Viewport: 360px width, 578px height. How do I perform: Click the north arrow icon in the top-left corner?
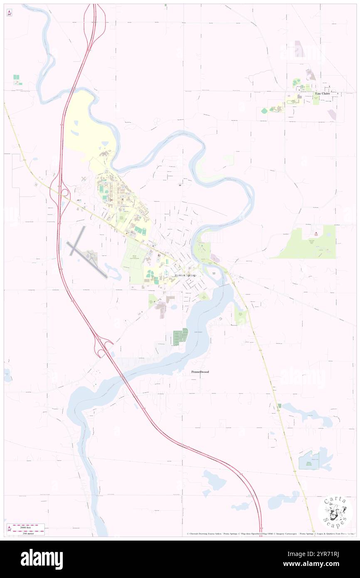[x=9, y=13]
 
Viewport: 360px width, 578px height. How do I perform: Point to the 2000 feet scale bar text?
[x=28, y=526]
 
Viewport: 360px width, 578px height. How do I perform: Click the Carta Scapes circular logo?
[x=335, y=513]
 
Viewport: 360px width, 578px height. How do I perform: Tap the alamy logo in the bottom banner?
[x=42, y=559]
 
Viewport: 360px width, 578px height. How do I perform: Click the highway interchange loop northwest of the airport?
[x=64, y=193]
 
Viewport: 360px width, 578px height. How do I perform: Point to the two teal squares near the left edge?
[x=16, y=79]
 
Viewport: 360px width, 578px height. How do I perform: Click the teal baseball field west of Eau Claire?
[x=264, y=111]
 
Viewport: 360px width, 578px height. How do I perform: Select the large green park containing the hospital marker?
[x=308, y=243]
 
